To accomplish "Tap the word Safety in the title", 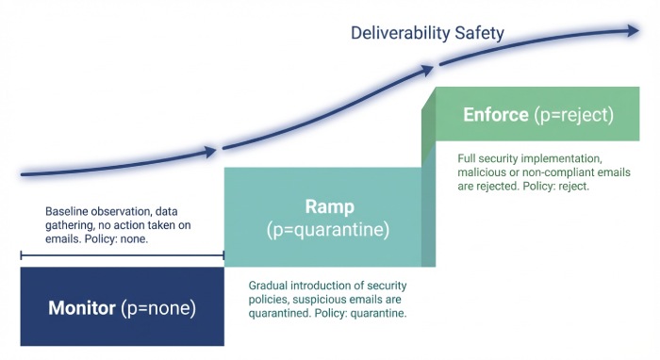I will (481, 34).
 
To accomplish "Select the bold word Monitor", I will (83, 307).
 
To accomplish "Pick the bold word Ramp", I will (328, 207).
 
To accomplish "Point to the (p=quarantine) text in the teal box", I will (328, 229).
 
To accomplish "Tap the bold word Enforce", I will (497, 116).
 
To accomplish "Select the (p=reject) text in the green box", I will (574, 116).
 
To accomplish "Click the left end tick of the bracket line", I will (21, 254).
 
